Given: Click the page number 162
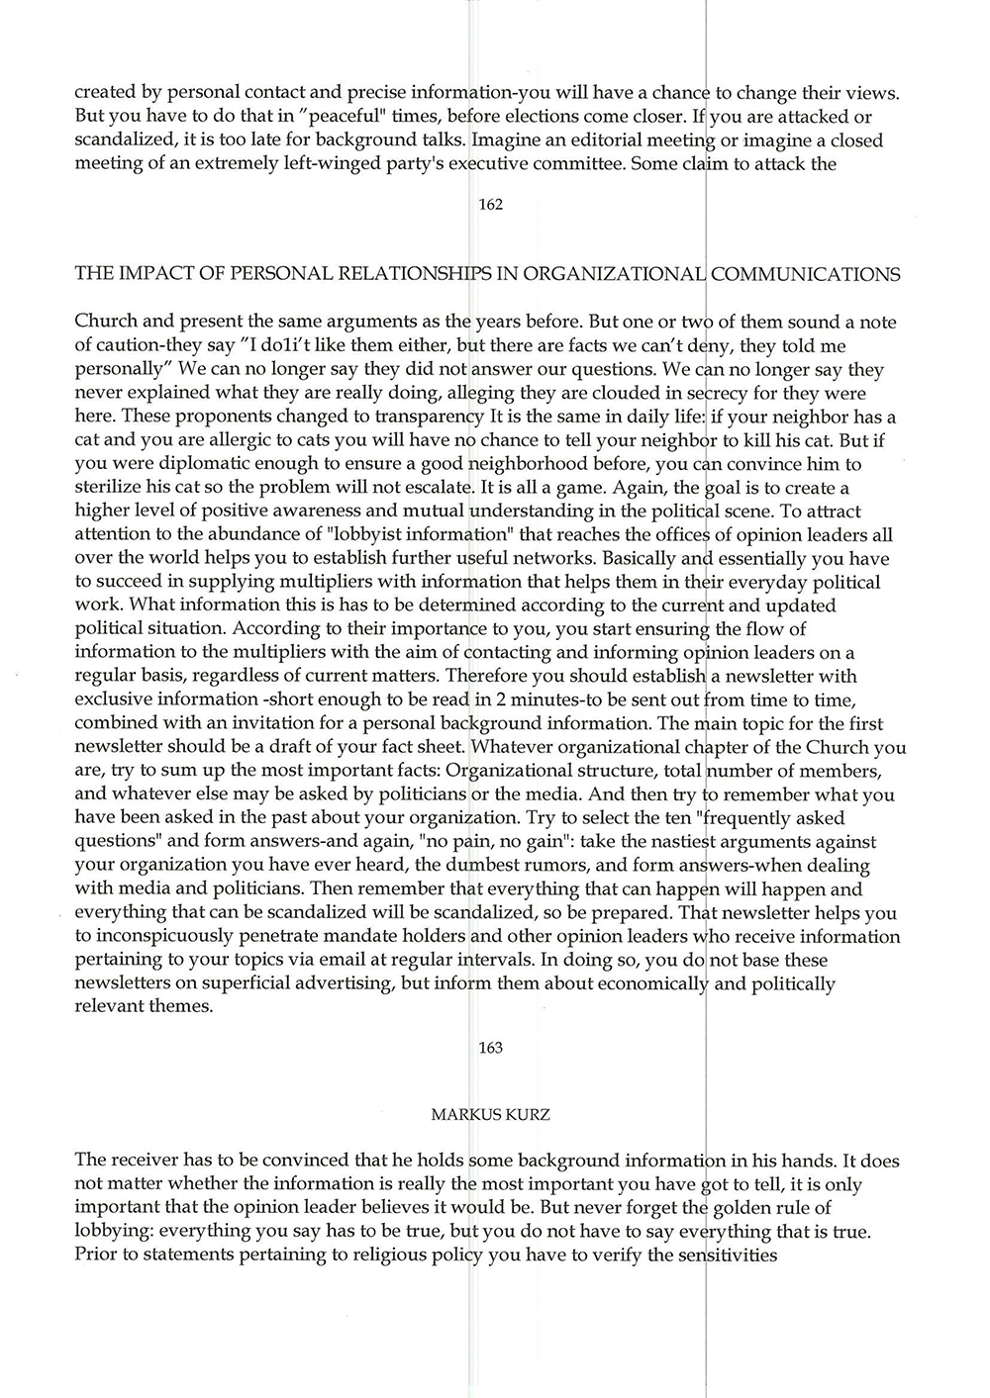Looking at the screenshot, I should pos(490,205).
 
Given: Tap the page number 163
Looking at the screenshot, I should pos(490,1048).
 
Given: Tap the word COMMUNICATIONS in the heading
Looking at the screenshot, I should pos(806,274).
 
